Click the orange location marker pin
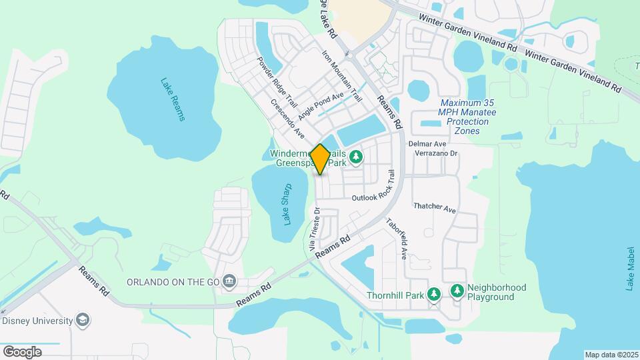pyautogui.click(x=320, y=159)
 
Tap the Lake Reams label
pyautogui.click(x=172, y=100)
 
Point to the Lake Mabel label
pyautogui.click(x=630, y=269)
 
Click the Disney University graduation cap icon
pyautogui.click(x=82, y=320)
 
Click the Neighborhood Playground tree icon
pyautogui.click(x=457, y=291)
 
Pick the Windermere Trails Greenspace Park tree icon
pyautogui.click(x=357, y=157)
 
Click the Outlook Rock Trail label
pyautogui.click(x=379, y=193)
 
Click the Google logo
pyautogui.click(x=22, y=351)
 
